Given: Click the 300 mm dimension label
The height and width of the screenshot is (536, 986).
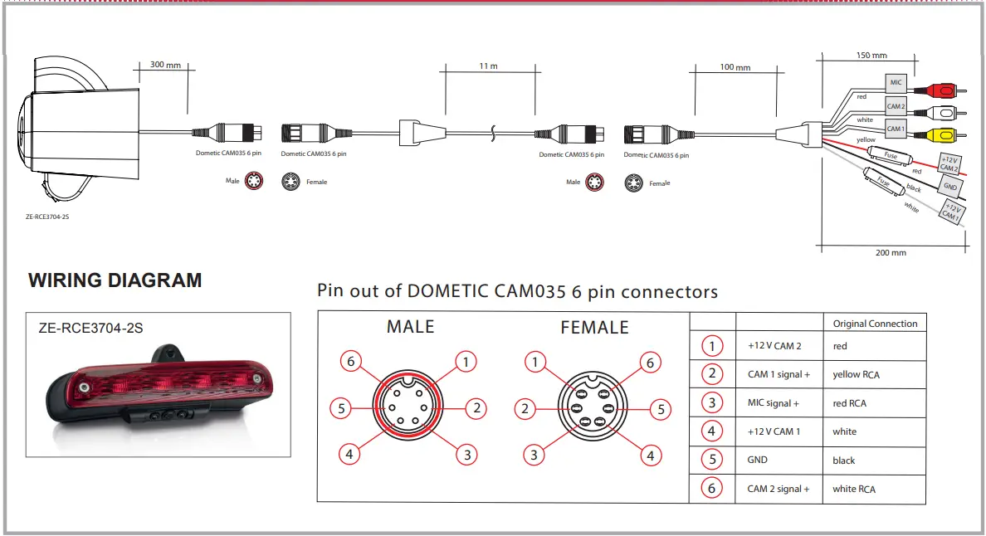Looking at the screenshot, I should click(165, 65).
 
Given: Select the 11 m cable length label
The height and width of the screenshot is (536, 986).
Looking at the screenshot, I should click(488, 66).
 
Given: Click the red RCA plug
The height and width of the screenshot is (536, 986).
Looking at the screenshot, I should click(941, 88).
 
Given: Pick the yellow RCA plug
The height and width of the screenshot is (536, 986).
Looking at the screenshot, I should click(941, 134).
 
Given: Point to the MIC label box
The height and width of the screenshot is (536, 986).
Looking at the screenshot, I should click(896, 82).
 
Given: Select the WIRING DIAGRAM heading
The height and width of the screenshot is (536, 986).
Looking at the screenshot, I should click(115, 280).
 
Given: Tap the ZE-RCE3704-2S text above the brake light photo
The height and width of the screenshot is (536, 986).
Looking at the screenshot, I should click(90, 328).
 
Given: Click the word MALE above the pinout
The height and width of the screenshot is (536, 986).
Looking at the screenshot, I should click(410, 327).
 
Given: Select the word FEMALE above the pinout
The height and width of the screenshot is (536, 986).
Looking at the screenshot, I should click(594, 328).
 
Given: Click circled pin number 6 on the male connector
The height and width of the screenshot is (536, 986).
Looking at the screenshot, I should click(351, 361).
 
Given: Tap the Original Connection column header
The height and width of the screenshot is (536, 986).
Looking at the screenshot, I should click(875, 324).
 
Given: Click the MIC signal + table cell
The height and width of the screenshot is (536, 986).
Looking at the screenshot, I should click(773, 403).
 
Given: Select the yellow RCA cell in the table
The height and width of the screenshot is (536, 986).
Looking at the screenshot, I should click(856, 375).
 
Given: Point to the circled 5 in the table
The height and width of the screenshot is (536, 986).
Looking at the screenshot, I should click(711, 460).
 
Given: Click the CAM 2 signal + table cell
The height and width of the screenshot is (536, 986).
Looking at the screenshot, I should click(778, 489).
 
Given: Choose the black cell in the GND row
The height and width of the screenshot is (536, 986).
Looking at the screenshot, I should click(843, 460).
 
